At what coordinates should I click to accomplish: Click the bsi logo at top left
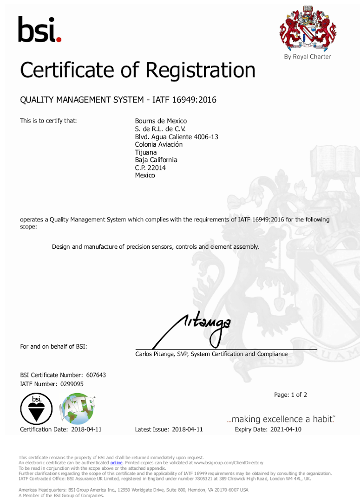pyautogui.click(x=39, y=29)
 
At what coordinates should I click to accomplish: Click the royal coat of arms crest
pyautogui.click(x=308, y=29)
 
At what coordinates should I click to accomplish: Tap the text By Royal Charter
pyautogui.click(x=308, y=57)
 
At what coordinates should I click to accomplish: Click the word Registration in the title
pyautogui.click(x=200, y=71)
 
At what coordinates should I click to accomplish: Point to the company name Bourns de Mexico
pyautogui.click(x=161, y=121)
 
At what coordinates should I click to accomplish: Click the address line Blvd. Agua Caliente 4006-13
pyautogui.click(x=177, y=137)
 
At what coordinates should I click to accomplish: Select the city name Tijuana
pyautogui.click(x=145, y=152)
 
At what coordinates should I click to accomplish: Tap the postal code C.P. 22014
pyautogui.click(x=150, y=168)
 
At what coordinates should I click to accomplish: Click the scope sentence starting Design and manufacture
pyautogui.click(x=156, y=246)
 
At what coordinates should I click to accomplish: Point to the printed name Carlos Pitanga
pyautogui.click(x=154, y=354)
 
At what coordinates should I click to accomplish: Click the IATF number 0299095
pyautogui.click(x=72, y=384)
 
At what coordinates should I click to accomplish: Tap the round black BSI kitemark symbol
pyautogui.click(x=33, y=409)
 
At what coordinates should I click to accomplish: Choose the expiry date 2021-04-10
pyautogui.click(x=286, y=429)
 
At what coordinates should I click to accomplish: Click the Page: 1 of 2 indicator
pyautogui.click(x=290, y=395)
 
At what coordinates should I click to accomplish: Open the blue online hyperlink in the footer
pyautogui.click(x=116, y=463)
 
